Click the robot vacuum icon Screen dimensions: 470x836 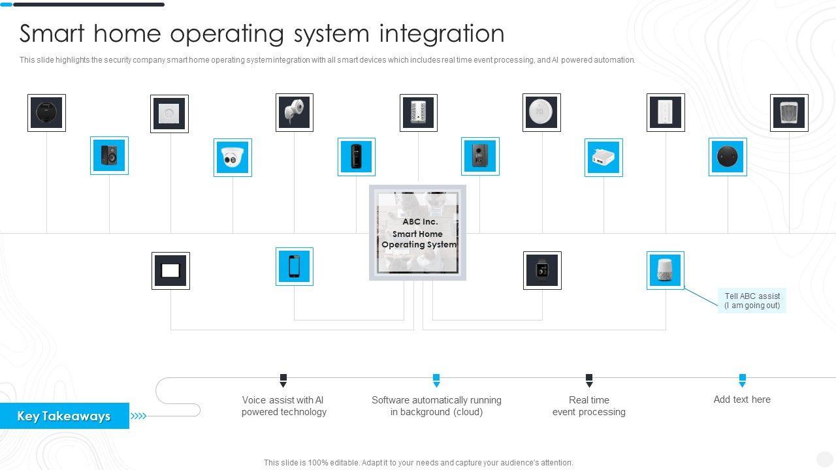46,113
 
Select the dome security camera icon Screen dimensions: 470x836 233,157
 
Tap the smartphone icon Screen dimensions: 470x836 294,266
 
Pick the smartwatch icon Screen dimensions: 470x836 542,270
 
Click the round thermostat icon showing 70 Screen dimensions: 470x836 541,112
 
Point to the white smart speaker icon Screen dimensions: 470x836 666,270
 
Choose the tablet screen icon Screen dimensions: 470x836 170,271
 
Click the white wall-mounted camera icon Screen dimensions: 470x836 294,112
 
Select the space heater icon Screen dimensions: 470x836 789,113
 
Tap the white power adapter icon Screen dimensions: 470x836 603,157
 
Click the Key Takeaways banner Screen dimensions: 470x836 64,416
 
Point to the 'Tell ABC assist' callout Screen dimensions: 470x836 752,301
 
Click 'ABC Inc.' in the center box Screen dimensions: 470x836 420,222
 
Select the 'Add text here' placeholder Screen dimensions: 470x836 742,399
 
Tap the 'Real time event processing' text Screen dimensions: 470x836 588,406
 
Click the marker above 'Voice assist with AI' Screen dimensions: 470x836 283,380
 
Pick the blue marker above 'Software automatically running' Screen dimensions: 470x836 436,380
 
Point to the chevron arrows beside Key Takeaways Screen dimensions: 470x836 138,416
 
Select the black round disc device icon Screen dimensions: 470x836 728,157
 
